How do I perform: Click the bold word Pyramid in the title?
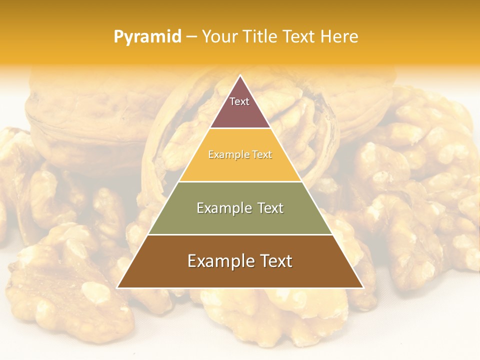[x=147, y=37]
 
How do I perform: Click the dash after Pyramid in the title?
[x=191, y=37]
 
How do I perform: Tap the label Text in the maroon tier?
[x=239, y=101]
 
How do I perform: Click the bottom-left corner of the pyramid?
[x=117, y=287]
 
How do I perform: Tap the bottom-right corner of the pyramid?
[x=363, y=287]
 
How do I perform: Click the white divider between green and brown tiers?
[x=240, y=234]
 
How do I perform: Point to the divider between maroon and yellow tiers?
[x=240, y=128]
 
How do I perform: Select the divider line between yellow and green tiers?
[x=240, y=181]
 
